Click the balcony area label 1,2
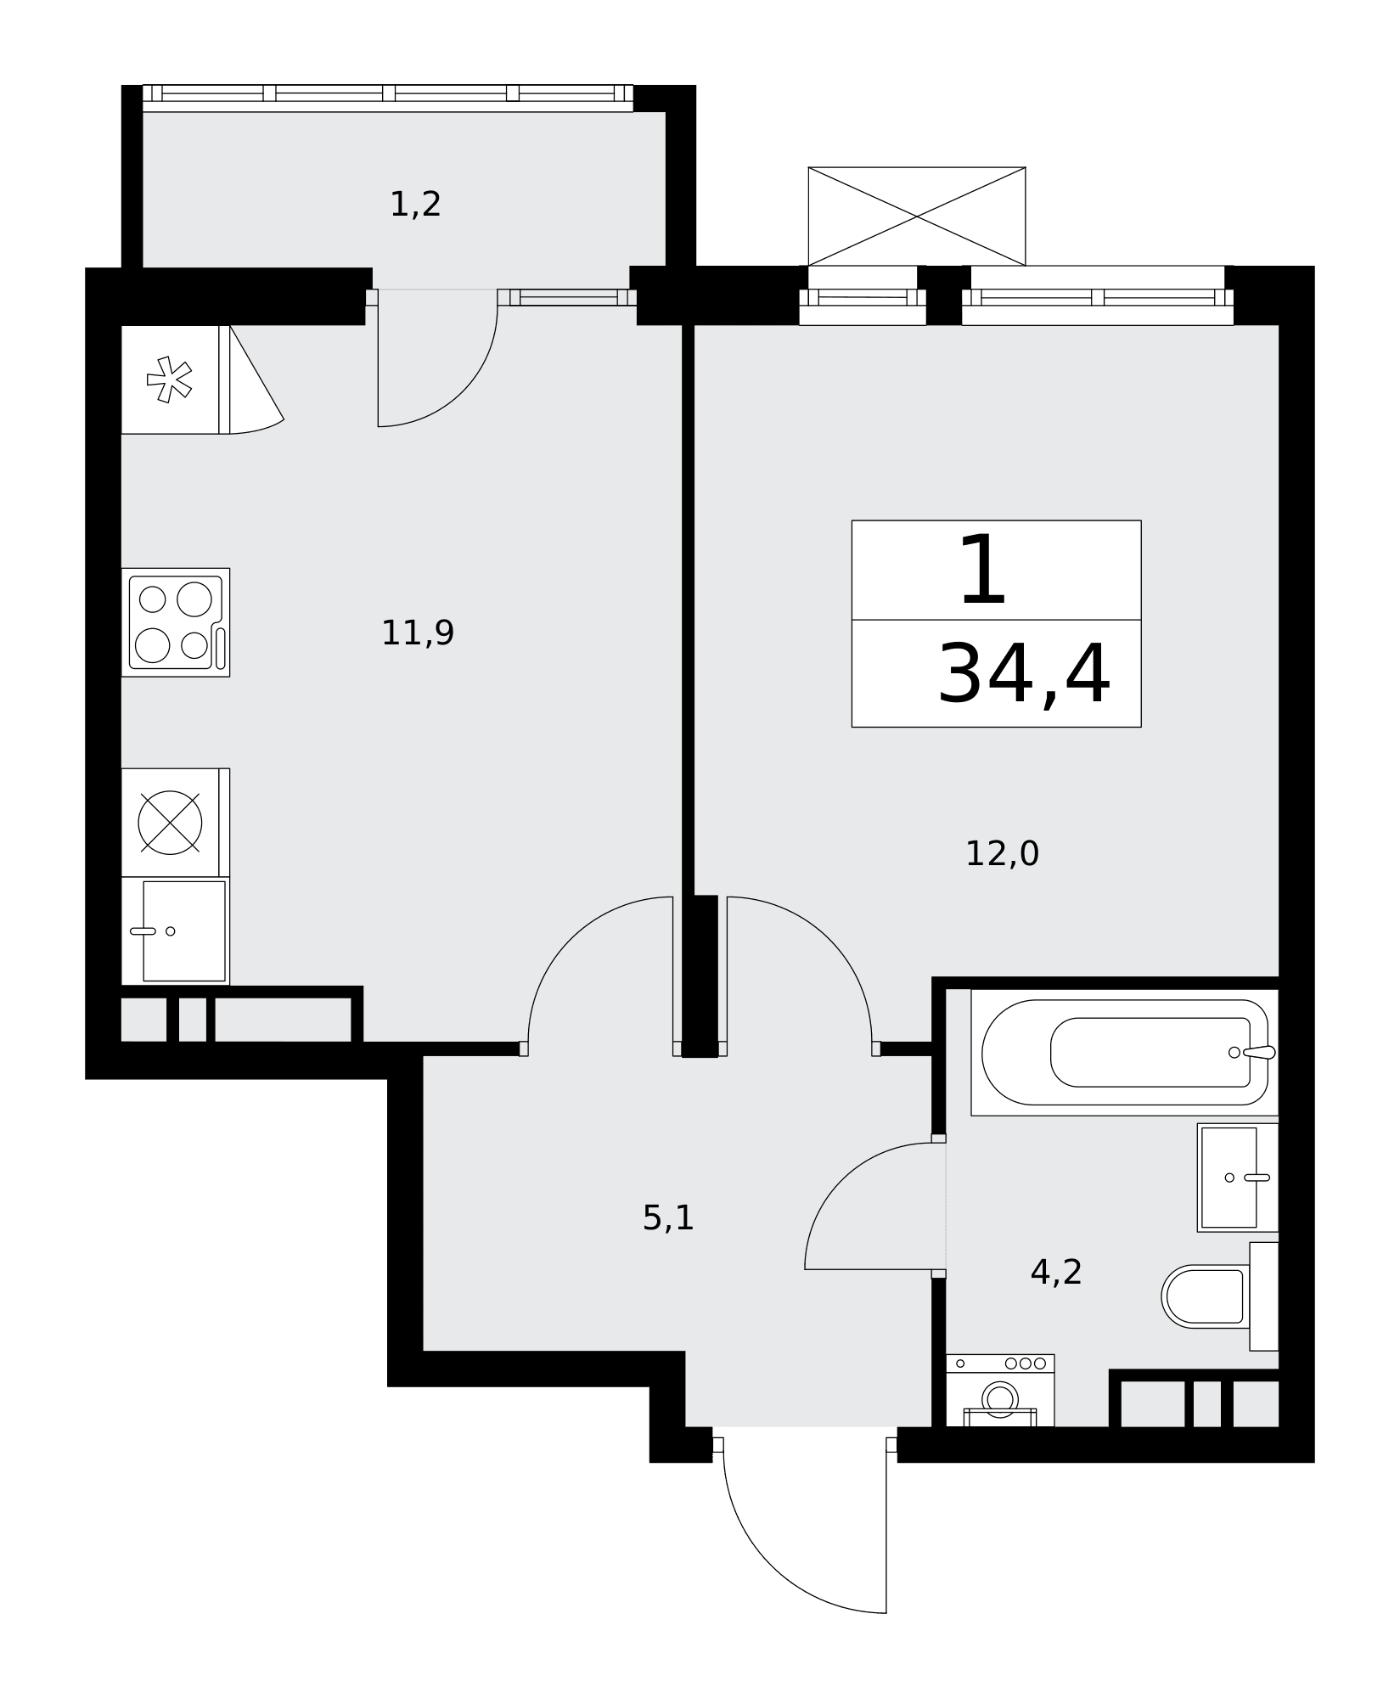point(415,205)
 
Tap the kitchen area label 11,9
point(418,633)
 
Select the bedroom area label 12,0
point(1002,854)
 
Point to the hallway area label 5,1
point(668,1218)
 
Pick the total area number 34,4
point(1024,675)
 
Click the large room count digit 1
point(983,571)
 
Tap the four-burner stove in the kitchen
point(176,622)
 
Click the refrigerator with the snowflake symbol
point(176,380)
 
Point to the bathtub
point(1125,1053)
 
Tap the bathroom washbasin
point(1238,1178)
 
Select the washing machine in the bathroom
point(1000,1391)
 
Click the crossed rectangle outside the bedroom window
point(917,216)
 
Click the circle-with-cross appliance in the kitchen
point(171,823)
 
